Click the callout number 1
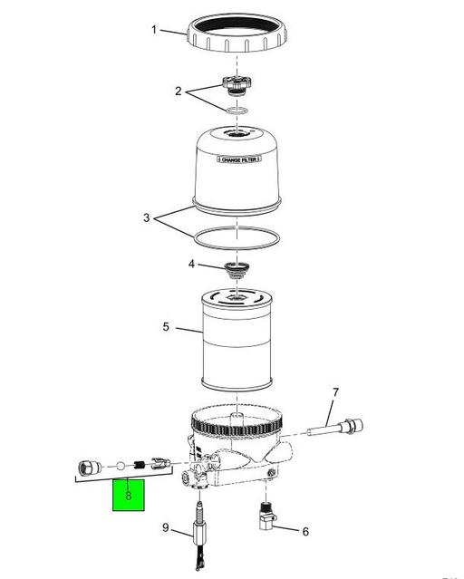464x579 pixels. click(x=154, y=30)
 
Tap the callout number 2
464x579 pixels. click(x=179, y=91)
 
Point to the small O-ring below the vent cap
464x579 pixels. click(x=236, y=111)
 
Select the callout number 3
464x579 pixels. click(x=147, y=218)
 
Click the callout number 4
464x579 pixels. click(x=190, y=265)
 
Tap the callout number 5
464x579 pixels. click(x=166, y=326)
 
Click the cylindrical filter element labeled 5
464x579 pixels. click(x=236, y=344)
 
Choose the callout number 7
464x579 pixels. click(x=334, y=392)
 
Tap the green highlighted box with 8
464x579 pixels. click(x=129, y=496)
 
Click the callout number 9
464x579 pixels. click(x=166, y=528)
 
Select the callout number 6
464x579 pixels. click(x=304, y=532)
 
